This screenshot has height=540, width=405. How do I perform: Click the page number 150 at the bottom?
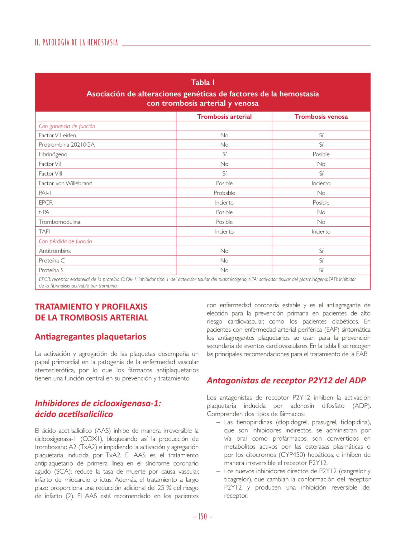(x=202, y=517)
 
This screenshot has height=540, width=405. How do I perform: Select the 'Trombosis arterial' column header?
(x=224, y=117)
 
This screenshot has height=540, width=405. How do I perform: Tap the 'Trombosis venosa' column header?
(x=321, y=117)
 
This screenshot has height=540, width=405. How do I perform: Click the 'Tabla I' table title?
(x=202, y=83)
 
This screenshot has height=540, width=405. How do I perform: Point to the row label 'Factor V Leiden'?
(x=57, y=135)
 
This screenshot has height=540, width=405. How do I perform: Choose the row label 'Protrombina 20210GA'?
(x=67, y=145)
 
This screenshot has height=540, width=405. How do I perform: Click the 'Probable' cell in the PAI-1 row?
(x=224, y=193)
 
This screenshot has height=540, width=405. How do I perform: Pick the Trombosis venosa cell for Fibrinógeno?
(x=321, y=154)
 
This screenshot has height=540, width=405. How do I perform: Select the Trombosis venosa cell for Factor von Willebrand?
(x=321, y=183)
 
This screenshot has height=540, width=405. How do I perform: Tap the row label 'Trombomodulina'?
(x=60, y=222)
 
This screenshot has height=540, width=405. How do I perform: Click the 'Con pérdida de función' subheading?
(x=65, y=241)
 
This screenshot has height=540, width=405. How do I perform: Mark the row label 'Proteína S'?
(x=51, y=270)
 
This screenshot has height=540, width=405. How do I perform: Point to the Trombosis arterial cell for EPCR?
(x=224, y=203)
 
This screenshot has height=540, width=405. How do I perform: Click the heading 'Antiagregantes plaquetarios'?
(x=90, y=337)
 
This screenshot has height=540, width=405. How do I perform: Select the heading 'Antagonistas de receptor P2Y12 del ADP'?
(x=286, y=380)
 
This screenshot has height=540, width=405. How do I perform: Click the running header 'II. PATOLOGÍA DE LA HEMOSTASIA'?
(x=76, y=43)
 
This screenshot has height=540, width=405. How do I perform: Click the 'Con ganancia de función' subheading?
(x=67, y=126)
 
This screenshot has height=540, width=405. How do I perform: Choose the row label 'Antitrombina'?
(x=55, y=251)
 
